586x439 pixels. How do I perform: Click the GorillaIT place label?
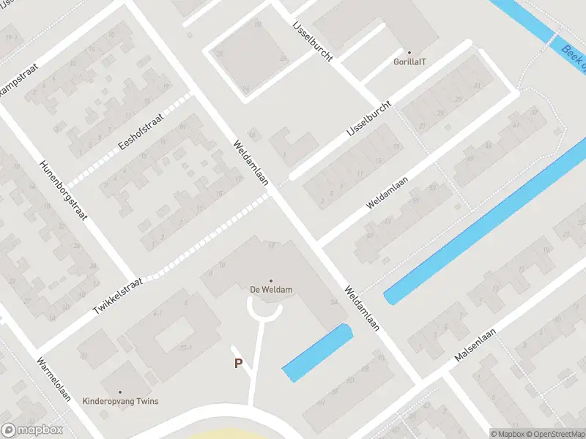(x=409, y=63)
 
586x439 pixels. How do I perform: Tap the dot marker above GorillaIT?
(x=409, y=53)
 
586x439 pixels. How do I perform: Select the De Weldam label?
(x=271, y=290)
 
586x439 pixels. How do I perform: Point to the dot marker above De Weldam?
(x=271, y=281)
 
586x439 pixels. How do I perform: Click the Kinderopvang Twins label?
(x=120, y=402)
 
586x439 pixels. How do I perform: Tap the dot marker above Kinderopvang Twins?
(x=120, y=392)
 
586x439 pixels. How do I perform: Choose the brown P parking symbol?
(x=238, y=363)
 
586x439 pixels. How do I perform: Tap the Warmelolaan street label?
(x=55, y=379)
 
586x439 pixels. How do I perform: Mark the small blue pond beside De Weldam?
(x=316, y=351)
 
